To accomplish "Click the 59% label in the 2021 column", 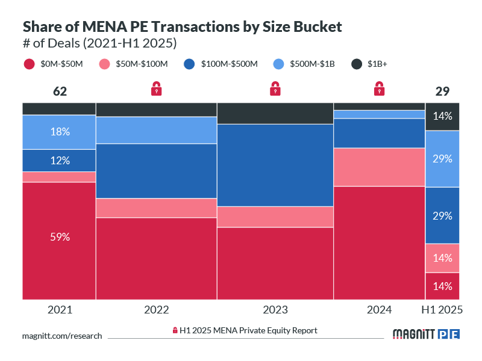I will coord(60,237).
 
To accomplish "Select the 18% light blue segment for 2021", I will coord(60,132).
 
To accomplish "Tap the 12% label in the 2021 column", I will coord(60,161).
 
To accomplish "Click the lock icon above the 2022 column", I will coord(157,89).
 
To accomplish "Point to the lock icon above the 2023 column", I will coord(275,89).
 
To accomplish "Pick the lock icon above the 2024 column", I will coord(379,89).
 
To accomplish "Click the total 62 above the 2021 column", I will coord(60,91).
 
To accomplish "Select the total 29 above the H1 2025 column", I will coord(443,91).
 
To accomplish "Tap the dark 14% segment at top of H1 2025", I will coord(443,117).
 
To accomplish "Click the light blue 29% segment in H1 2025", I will coord(443,159).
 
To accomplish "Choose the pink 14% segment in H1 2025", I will coord(443,258).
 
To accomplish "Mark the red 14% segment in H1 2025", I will coord(443,286).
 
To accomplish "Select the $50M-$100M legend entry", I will coord(134,64).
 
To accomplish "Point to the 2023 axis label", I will coord(275,310).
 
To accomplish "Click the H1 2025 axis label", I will coord(443,310).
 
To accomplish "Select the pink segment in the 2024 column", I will coord(379,167).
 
